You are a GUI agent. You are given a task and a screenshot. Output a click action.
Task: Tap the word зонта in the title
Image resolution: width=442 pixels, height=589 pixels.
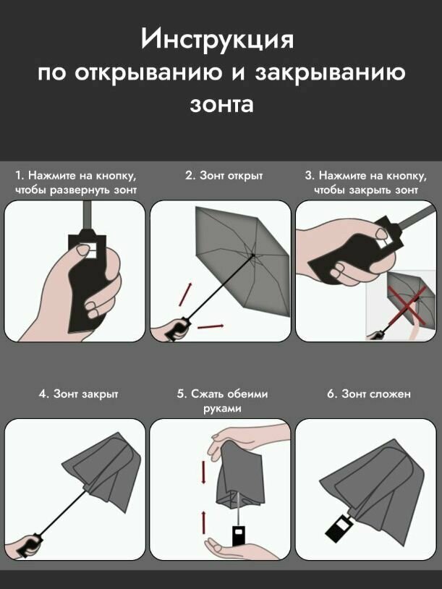click(221, 104)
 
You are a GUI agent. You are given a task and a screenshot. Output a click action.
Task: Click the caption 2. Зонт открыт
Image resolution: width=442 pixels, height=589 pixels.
click(224, 175)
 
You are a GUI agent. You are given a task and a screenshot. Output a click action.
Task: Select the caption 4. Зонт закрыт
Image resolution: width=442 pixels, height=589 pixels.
click(78, 394)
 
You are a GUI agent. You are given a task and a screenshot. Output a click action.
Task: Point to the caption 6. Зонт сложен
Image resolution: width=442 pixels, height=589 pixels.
click(369, 394)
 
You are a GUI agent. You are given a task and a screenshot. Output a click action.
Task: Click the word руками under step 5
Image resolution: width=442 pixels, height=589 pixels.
click(222, 409)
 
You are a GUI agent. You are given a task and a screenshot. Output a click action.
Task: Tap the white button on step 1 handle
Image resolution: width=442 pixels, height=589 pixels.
click(90, 250)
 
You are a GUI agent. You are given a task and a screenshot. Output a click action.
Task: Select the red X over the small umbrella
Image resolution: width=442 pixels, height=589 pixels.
click(408, 305)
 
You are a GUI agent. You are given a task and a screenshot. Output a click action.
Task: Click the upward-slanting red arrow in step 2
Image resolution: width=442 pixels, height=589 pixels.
click(185, 294)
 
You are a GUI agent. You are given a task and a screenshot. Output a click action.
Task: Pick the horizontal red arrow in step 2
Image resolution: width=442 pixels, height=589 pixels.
click(211, 326)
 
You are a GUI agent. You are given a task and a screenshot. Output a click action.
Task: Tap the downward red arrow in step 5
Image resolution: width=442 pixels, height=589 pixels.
click(203, 473)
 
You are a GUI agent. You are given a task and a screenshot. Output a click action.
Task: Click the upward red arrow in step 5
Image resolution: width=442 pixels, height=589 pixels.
click(203, 522)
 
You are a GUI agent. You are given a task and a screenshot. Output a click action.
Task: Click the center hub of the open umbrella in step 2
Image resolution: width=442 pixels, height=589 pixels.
click(253, 255)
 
